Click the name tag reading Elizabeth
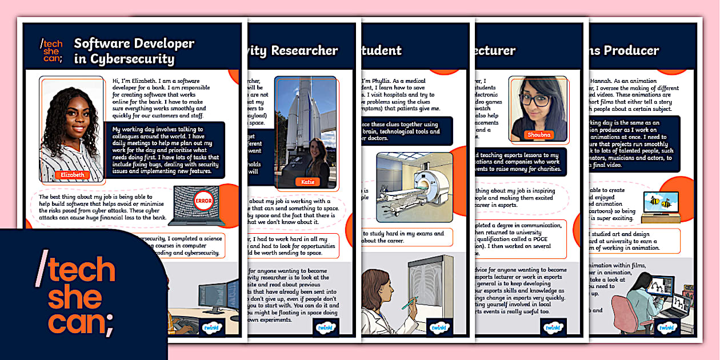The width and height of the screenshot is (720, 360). pos(72,174)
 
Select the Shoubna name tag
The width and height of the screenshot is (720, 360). pos(538,135)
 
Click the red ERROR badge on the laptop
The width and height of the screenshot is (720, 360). pos(203,201)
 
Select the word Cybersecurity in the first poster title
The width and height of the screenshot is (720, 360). pos(125,59)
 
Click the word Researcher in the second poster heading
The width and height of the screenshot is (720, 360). pos(303,50)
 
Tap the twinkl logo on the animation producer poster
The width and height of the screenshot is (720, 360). pos(666,327)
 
